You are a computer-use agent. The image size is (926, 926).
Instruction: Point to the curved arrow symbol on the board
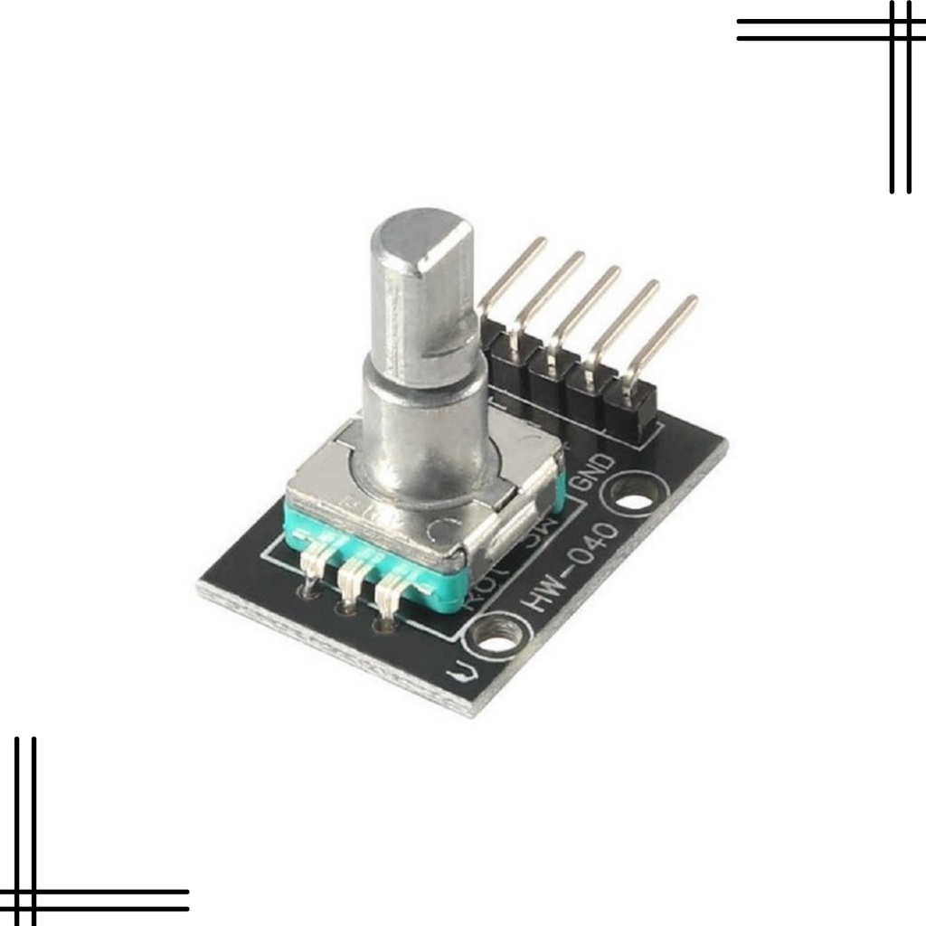pyautogui.click(x=460, y=673)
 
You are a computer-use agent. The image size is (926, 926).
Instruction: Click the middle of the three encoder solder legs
pyautogui.click(x=351, y=579)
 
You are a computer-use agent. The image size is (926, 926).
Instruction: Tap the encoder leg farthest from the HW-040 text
pyautogui.click(x=312, y=565)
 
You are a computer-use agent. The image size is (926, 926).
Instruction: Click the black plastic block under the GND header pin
pyautogui.click(x=633, y=411)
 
